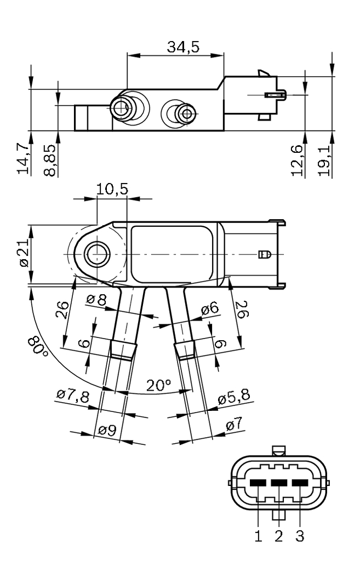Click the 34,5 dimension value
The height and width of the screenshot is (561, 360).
(183, 47)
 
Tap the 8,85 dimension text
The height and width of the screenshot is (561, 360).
(49, 159)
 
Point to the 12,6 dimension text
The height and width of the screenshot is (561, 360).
(298, 161)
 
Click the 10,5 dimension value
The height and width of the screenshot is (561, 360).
(112, 189)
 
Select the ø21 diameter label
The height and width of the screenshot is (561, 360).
(22, 254)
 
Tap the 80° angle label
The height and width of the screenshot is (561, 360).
(39, 346)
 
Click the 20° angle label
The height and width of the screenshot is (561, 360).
(159, 385)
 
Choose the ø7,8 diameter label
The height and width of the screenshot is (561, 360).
(72, 396)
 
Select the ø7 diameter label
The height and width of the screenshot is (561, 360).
(233, 425)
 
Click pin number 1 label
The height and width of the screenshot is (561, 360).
(258, 535)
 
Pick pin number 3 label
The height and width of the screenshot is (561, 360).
(299, 535)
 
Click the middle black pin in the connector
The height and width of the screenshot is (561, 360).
(279, 483)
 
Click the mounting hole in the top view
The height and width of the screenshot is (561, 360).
(98, 253)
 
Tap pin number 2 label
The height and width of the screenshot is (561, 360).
(279, 535)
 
